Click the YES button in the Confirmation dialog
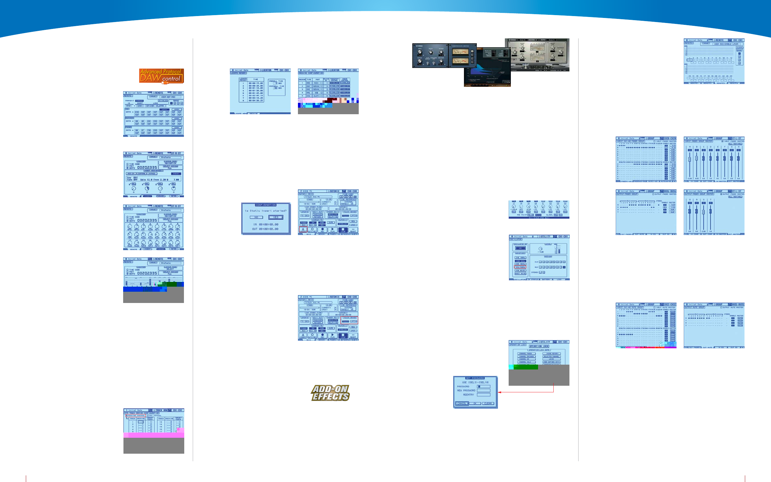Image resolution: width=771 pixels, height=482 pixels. click(276, 217)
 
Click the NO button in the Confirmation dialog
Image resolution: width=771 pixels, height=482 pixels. click(256, 217)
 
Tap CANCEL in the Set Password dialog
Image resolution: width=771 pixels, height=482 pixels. click(462, 403)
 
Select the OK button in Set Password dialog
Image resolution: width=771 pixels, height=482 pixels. click(475, 403)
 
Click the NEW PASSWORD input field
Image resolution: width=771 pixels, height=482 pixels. click(483, 390)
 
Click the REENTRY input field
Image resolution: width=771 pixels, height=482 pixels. click(483, 395)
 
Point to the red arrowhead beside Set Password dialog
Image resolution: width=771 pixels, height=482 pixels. click(500, 392)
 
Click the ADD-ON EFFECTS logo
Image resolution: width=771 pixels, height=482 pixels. click(330, 393)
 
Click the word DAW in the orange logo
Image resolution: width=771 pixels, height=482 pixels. click(150, 78)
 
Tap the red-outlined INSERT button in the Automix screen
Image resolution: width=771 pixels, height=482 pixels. click(303, 229)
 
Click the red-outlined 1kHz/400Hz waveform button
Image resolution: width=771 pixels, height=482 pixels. click(520, 267)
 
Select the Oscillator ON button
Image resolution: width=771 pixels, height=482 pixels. click(520, 248)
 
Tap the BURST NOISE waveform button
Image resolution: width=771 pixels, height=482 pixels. click(520, 273)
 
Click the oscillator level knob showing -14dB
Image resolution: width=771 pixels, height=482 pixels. click(540, 249)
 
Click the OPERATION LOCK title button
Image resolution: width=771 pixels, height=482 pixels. click(539, 346)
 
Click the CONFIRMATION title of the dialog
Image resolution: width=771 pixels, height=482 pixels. click(266, 205)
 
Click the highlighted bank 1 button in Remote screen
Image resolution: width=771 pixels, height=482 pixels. click(739, 53)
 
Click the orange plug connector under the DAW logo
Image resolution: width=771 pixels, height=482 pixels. click(165, 82)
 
